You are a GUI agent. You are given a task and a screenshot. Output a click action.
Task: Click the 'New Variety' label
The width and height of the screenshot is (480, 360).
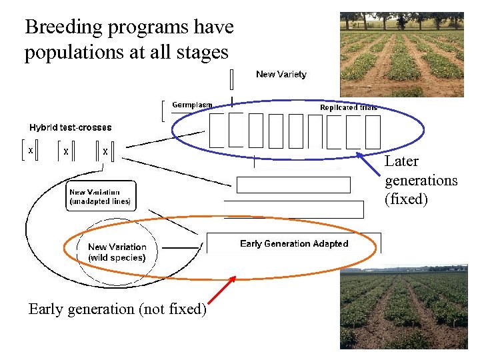[281, 74]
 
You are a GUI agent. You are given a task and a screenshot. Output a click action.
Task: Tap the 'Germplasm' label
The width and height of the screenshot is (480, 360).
[192, 105]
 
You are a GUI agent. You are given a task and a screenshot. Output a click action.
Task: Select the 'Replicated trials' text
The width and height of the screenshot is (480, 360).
[348, 107]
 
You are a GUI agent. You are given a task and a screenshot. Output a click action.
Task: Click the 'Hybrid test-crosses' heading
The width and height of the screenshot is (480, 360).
[71, 127]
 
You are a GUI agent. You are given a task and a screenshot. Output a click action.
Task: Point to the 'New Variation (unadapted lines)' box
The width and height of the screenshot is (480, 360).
[101, 196]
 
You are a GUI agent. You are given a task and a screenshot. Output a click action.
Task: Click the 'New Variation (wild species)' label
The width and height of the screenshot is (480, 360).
[117, 252]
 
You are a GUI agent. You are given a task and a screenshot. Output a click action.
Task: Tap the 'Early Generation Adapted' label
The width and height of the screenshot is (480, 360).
[294, 244]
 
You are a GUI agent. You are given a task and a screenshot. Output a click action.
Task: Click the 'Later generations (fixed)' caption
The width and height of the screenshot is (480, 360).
[421, 180]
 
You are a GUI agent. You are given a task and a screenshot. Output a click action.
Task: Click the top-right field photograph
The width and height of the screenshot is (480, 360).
[401, 55]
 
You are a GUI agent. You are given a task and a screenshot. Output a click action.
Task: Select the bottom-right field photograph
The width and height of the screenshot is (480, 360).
[403, 308]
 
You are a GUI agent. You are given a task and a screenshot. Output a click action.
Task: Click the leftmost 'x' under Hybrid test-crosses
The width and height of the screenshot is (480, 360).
[30, 151]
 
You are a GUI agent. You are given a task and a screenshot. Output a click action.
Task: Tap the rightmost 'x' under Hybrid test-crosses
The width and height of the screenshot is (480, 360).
[105, 152]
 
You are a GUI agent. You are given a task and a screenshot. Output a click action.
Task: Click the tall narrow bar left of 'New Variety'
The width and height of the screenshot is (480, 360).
[231, 79]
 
